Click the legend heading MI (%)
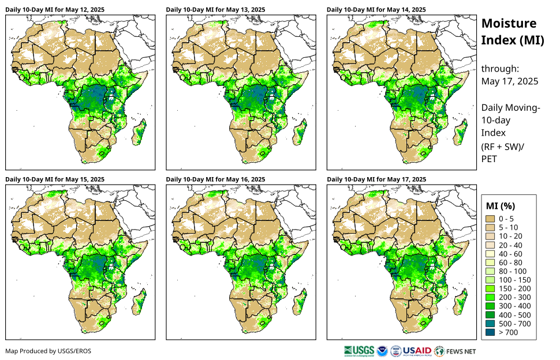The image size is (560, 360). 501,206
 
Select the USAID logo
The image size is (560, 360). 417,351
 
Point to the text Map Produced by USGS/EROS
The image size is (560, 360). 48,351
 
